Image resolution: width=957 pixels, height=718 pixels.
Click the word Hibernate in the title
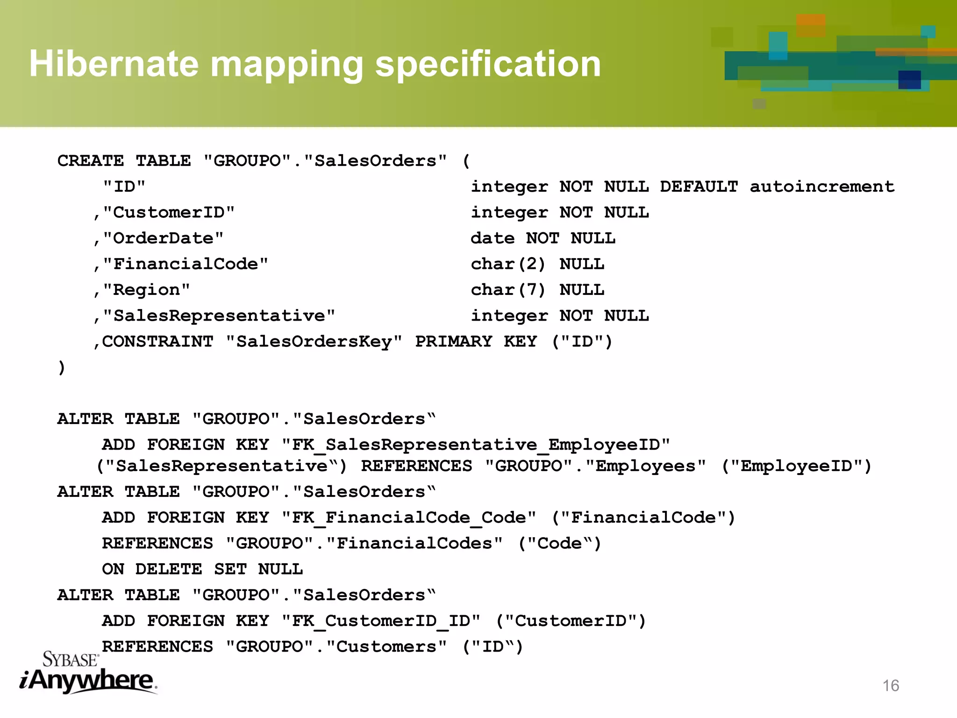(114, 64)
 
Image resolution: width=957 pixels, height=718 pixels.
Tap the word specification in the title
(488, 64)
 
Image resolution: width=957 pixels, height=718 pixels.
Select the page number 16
(891, 685)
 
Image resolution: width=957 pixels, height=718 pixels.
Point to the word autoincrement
(822, 187)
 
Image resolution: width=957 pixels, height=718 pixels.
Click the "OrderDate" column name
(163, 238)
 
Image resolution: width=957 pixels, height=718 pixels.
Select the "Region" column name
(146, 290)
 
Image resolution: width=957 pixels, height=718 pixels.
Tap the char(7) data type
(508, 290)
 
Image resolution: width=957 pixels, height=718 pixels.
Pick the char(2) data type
(508, 264)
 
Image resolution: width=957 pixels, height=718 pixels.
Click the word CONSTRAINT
(157, 342)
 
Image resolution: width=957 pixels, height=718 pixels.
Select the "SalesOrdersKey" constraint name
(314, 342)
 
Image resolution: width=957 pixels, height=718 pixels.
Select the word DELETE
(169, 569)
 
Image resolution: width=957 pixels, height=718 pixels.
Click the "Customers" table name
(386, 646)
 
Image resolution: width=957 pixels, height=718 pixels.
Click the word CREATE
(91, 161)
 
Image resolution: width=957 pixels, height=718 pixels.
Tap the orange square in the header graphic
(811, 24)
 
